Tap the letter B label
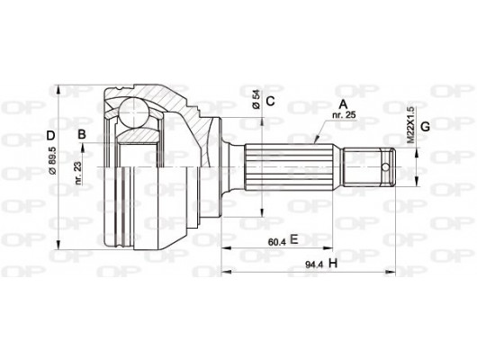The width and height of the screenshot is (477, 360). pyautogui.click(x=82, y=136)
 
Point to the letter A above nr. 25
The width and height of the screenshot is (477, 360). pyautogui.click(x=341, y=103)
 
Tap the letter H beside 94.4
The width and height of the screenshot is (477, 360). pyautogui.click(x=332, y=263)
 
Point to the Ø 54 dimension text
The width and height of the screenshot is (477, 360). pyautogui.click(x=256, y=100)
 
